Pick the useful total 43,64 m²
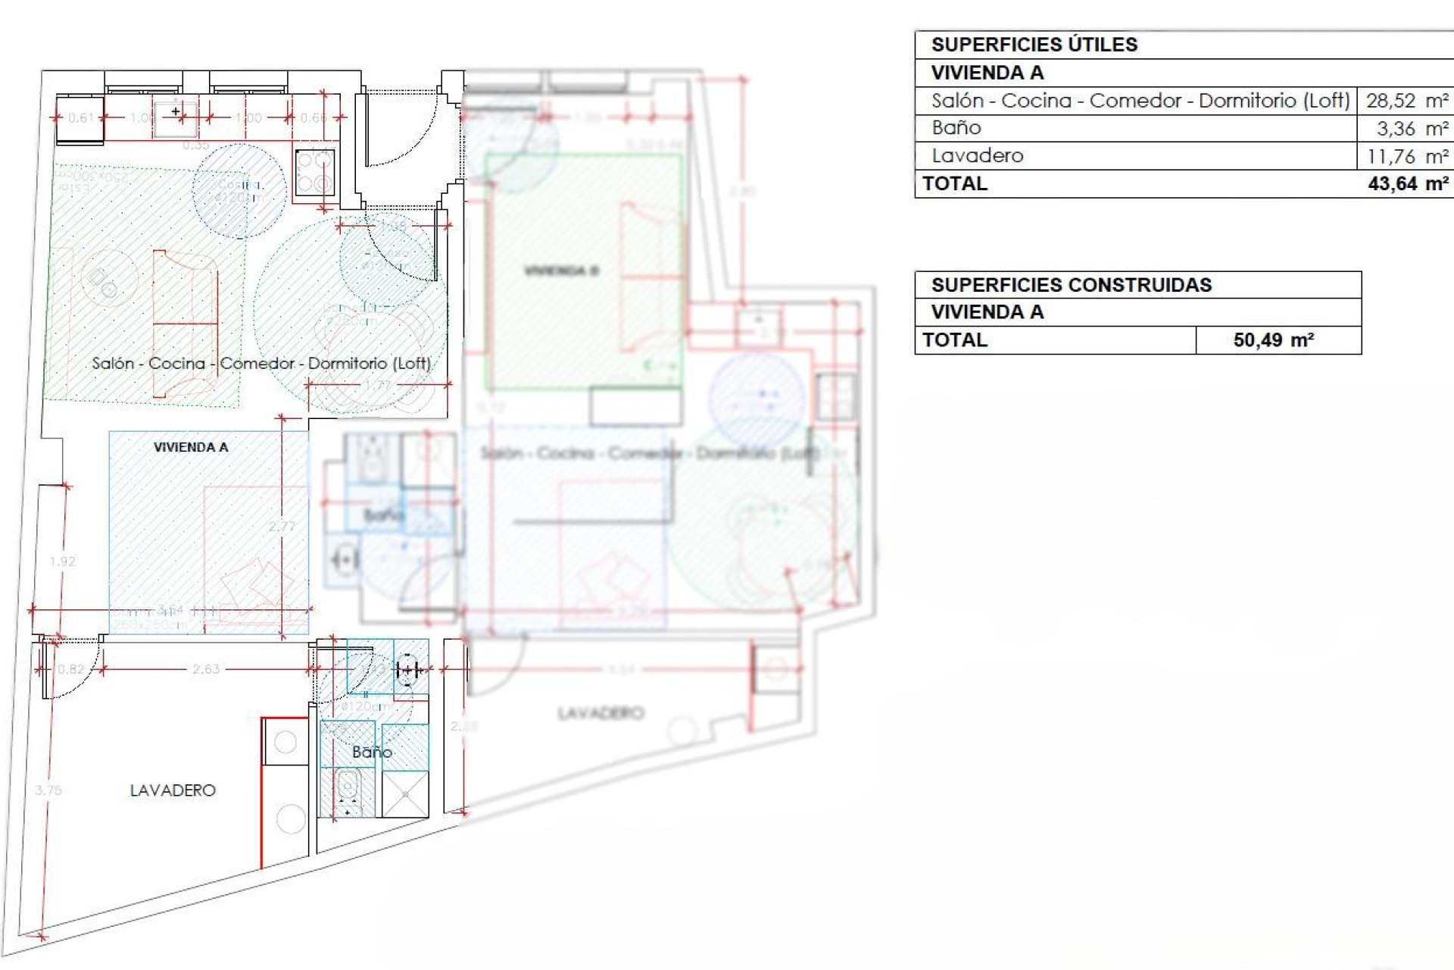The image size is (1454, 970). click(x=1408, y=184)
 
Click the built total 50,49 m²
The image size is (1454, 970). click(x=1273, y=340)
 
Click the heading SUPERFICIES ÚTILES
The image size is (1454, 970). click(x=1034, y=45)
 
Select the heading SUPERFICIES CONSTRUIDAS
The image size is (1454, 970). click(x=1071, y=285)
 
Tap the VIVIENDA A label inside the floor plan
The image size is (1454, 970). click(x=191, y=447)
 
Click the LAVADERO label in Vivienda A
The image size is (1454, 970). click(x=173, y=790)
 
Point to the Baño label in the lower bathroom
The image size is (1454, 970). click(x=372, y=753)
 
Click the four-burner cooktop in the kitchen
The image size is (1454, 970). click(x=314, y=173)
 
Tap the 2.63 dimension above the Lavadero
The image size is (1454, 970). click(x=205, y=669)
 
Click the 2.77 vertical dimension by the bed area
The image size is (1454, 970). click(x=282, y=526)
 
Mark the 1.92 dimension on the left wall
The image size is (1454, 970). click(x=62, y=562)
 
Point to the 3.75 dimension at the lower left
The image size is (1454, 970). click(x=48, y=790)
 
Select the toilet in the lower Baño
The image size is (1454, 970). click(x=348, y=788)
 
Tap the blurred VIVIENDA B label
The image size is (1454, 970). click(x=561, y=271)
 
